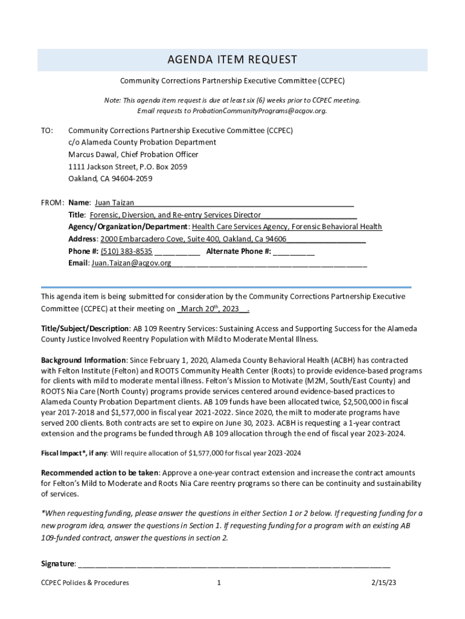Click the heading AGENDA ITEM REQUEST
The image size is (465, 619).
[x=232, y=59]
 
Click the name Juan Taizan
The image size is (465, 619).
[x=114, y=203]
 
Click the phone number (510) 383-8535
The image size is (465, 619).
[x=126, y=251]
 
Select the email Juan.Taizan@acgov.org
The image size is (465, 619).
[x=131, y=263]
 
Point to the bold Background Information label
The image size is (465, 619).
[x=75, y=360]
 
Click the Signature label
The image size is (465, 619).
[x=58, y=563]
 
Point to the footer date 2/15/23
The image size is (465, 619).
[x=383, y=583]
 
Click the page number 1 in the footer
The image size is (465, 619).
[x=219, y=583]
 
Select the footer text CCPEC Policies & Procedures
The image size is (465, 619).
[x=85, y=583]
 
